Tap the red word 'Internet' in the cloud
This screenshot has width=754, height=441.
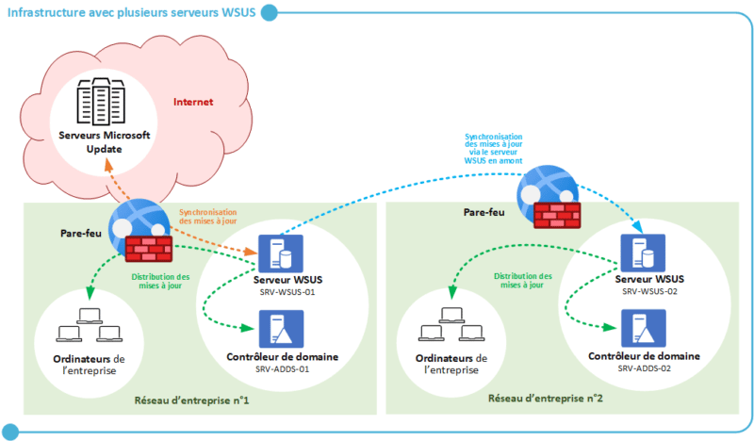pos(193,102)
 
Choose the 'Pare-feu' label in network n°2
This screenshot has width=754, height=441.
pos(483,213)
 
